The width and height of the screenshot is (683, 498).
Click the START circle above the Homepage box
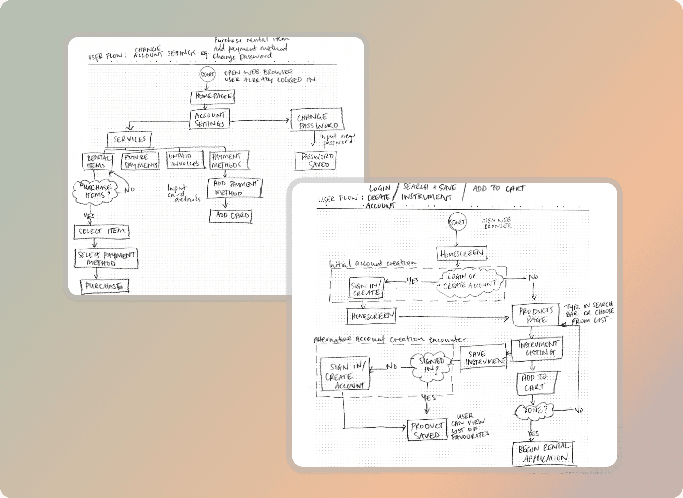(208, 74)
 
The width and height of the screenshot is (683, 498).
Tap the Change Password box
(317, 120)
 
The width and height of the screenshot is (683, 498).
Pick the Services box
(129, 140)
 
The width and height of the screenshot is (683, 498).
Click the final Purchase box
(104, 286)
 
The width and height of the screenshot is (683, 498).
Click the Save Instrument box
(483, 357)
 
